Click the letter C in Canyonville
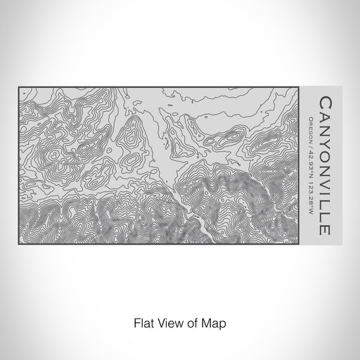click(324, 103)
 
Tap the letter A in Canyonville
click(324, 116)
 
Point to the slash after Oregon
click(311, 142)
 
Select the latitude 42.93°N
click(311, 158)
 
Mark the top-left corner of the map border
click(19, 87)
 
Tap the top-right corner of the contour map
click(300, 87)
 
